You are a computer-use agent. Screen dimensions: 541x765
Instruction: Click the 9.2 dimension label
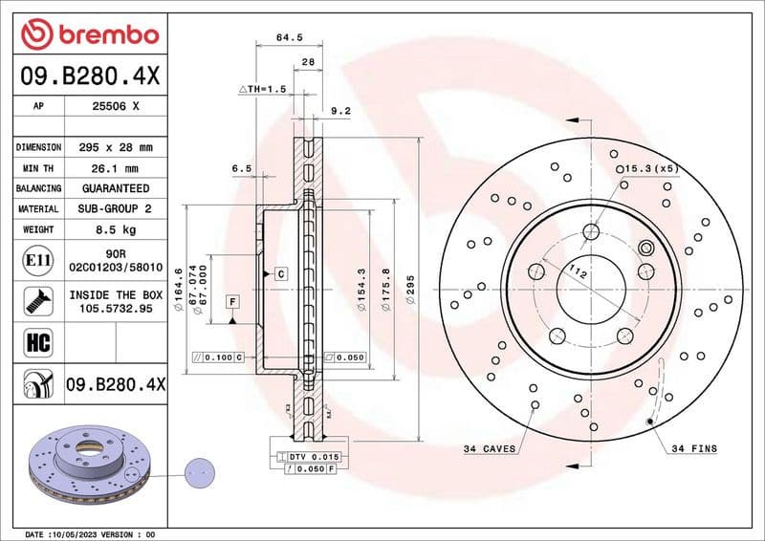[x=340, y=111]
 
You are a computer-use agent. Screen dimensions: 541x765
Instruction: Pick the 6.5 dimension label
[x=241, y=168]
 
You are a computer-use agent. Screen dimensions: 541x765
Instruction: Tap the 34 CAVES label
[x=489, y=448]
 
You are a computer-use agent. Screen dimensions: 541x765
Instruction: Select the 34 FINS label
[x=693, y=448]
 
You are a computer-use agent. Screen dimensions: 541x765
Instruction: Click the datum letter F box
[x=232, y=302]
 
